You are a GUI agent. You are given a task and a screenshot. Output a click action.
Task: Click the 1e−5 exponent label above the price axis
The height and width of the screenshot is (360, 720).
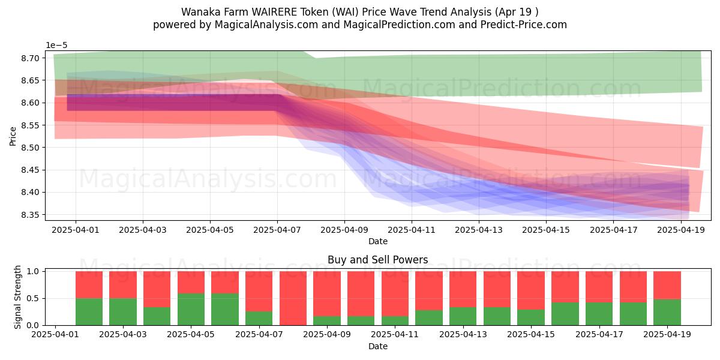[57, 46]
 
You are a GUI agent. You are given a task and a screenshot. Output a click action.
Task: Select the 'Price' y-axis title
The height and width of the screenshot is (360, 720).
[13, 136]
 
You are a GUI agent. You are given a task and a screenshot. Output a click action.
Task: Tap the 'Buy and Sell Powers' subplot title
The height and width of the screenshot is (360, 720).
[377, 260]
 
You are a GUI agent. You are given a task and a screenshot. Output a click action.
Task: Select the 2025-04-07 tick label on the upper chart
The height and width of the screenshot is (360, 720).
[277, 229]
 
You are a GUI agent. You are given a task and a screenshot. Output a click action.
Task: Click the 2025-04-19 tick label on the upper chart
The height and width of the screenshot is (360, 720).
[680, 229]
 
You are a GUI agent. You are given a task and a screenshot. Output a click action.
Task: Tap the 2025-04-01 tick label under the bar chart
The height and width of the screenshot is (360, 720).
[55, 334]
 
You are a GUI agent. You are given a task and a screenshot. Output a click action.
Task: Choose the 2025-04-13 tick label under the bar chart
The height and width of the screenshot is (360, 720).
[463, 334]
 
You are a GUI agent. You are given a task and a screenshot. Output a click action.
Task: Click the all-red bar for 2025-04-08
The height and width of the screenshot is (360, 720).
[293, 298]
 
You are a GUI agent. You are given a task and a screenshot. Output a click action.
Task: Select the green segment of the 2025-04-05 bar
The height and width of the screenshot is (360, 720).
[191, 310]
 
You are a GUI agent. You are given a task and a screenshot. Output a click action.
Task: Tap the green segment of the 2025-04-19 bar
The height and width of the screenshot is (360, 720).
[667, 312]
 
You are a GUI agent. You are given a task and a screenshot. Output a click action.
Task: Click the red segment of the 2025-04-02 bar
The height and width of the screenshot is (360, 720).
[89, 284]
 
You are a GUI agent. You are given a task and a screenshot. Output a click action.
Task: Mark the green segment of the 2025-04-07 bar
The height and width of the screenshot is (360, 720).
[259, 319]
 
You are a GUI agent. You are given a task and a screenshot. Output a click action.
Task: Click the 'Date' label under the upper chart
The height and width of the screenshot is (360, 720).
[377, 241]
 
